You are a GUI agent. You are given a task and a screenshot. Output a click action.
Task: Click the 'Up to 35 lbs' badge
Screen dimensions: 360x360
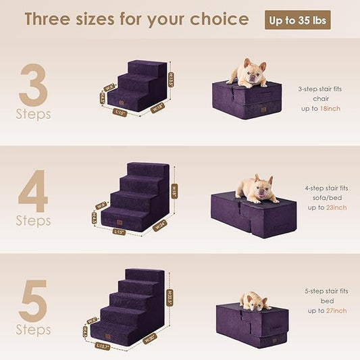coord(299,20)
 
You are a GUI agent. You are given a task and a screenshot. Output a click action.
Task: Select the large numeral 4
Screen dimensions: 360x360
coord(33,190)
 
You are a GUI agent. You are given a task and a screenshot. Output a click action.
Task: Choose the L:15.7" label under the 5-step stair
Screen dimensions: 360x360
coord(103,346)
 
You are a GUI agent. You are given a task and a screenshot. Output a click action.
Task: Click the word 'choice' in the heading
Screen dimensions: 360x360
coord(214,19)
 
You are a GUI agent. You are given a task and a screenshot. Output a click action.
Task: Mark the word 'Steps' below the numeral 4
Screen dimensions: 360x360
coord(34,221)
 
